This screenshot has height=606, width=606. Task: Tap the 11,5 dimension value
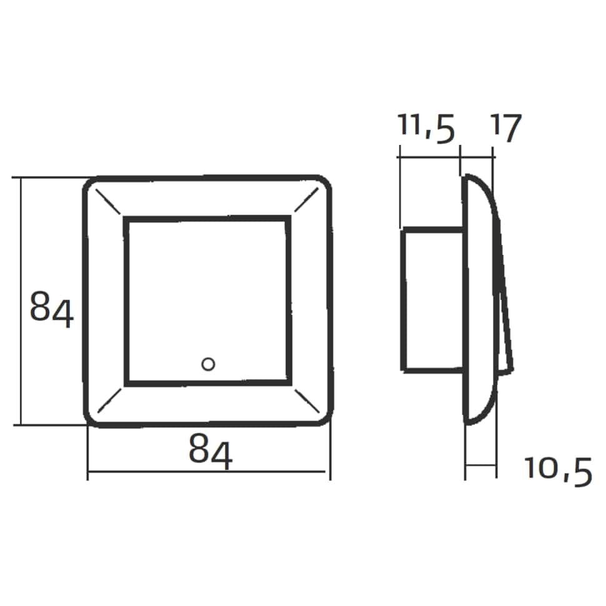(x=426, y=127)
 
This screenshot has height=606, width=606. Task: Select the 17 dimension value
(x=506, y=127)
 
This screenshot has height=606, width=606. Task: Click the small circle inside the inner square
(x=208, y=364)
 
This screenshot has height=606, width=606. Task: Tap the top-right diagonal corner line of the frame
(x=307, y=199)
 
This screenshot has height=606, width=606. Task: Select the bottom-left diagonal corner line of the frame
(x=109, y=400)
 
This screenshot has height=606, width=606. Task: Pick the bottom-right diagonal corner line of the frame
(x=307, y=401)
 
